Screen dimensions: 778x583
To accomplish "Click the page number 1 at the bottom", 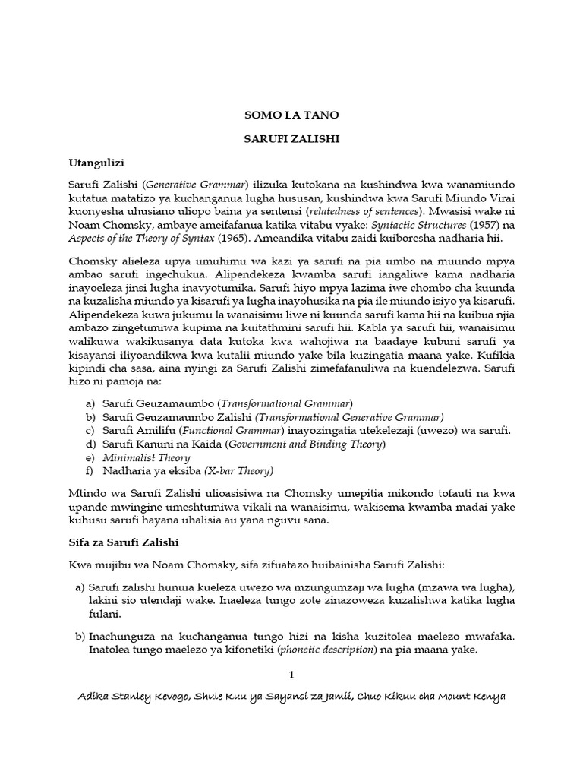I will tap(291, 675).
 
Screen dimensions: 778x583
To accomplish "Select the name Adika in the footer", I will tap(95, 697).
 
